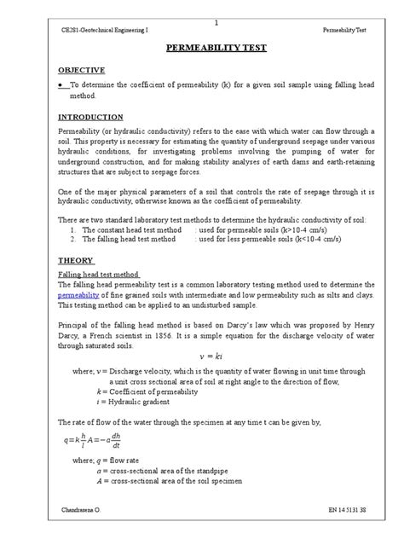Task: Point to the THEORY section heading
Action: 75,259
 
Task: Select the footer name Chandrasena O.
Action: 87,510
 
